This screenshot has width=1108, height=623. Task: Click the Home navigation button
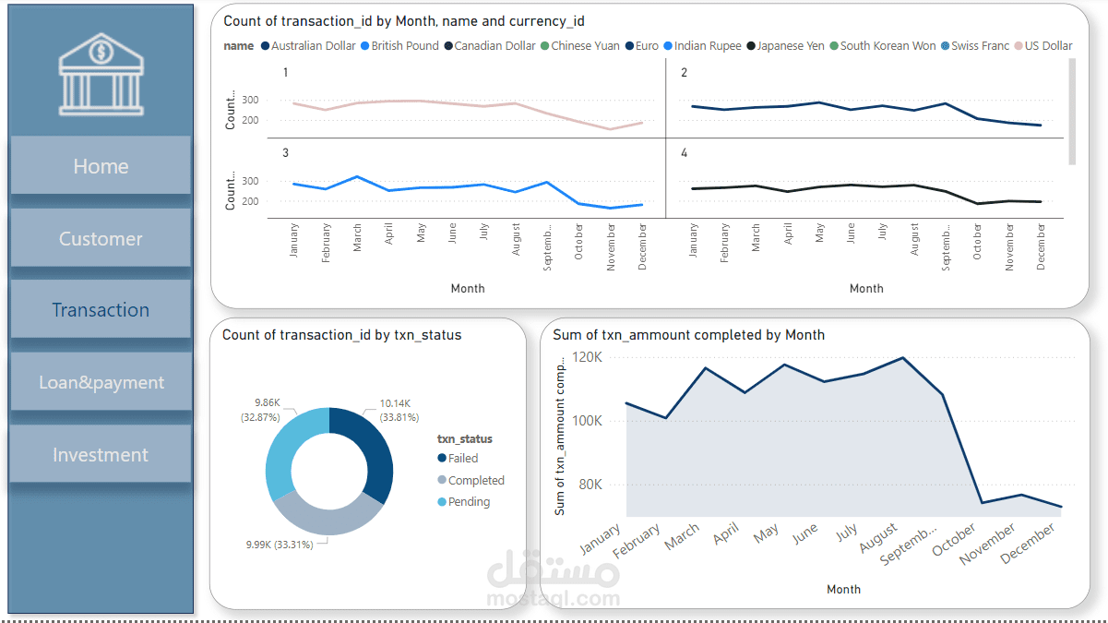101,166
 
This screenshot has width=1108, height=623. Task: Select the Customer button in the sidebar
101,239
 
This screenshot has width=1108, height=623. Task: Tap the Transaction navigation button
101,310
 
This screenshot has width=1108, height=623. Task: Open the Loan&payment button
101,382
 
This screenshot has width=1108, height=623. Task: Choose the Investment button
101,455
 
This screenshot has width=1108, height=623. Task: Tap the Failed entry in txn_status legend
462,458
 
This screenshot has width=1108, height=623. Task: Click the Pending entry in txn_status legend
469,502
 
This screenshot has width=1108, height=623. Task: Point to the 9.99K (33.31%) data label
279,545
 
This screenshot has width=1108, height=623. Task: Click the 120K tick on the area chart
587,357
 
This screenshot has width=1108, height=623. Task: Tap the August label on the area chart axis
877,541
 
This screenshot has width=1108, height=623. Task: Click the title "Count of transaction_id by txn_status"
341,335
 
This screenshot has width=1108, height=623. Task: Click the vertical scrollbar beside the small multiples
1072,111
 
